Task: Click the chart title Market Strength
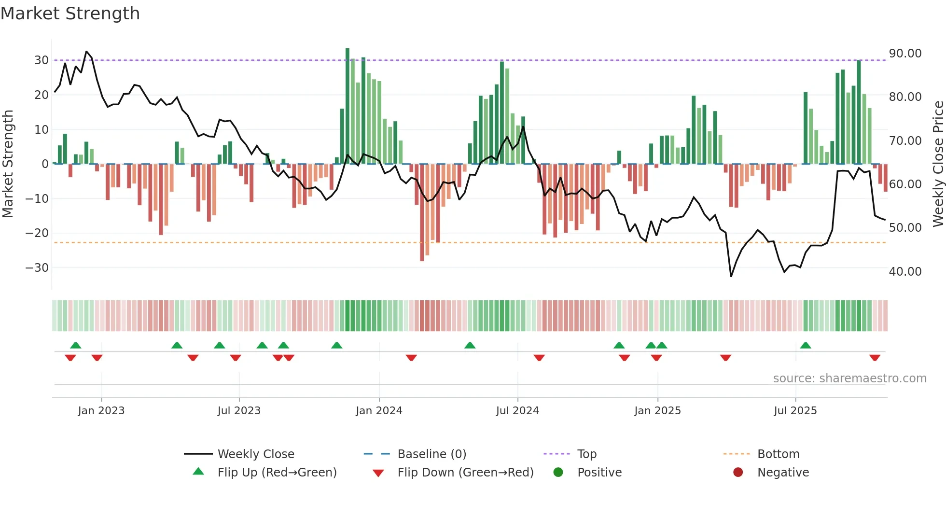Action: [70, 14]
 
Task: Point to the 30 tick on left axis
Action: [42, 60]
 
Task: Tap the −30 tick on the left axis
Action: [37, 267]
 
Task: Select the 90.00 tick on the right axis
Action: [905, 54]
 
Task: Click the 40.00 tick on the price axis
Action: [905, 271]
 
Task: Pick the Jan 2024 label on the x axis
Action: [379, 411]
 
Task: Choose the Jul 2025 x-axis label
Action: [795, 411]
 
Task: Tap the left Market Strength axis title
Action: [8, 164]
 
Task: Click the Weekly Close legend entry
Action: [255, 454]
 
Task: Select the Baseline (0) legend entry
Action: [431, 454]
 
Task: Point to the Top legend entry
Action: [586, 454]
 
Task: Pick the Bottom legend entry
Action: [778, 454]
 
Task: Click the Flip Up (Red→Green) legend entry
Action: [277, 473]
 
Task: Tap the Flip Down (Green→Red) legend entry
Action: [465, 473]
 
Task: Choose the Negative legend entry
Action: [783, 473]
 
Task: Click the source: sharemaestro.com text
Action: [849, 378]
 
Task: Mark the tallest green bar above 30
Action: [348, 106]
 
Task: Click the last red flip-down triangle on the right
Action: [875, 358]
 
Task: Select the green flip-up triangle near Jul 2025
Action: [806, 345]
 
